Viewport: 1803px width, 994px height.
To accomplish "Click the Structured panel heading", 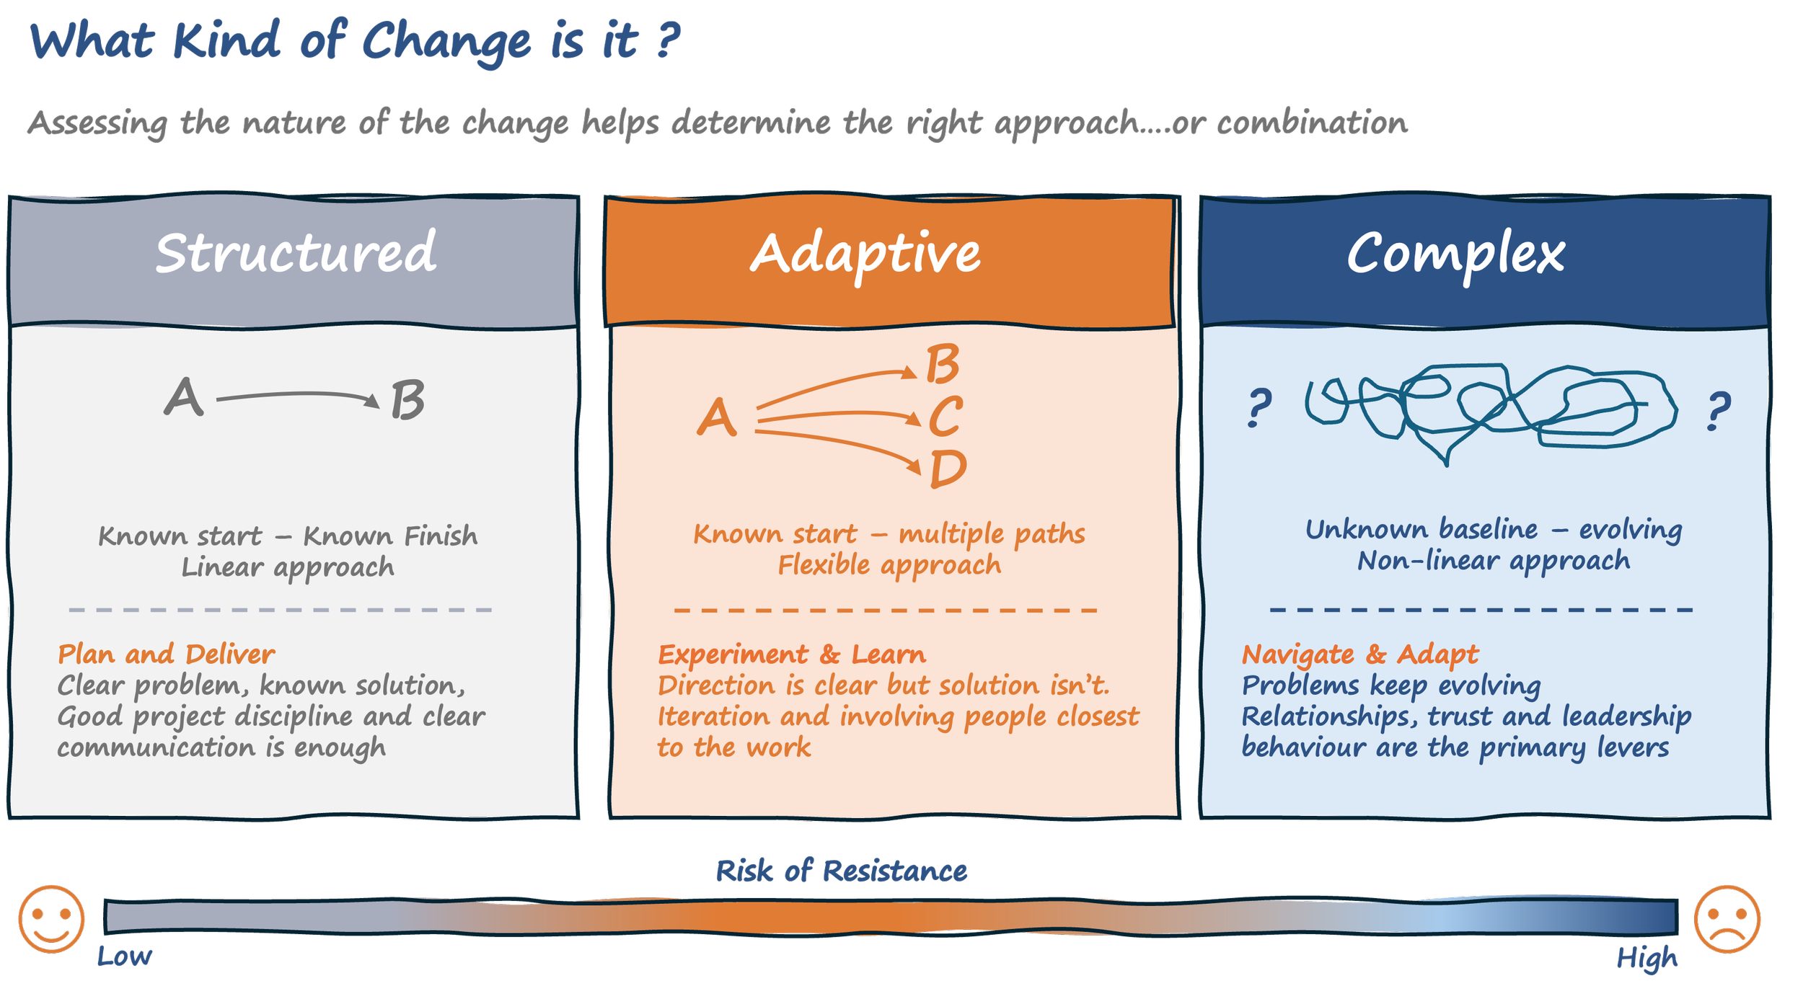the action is click(x=296, y=253).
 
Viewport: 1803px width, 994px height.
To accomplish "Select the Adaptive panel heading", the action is click(x=865, y=254).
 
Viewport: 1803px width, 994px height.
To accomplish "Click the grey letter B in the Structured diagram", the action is click(x=407, y=401).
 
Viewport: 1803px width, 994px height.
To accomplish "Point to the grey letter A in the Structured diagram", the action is click(x=183, y=397).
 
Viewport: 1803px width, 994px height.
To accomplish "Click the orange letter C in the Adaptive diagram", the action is click(x=945, y=417).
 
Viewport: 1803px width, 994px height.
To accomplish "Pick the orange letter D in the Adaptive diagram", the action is click(x=948, y=469).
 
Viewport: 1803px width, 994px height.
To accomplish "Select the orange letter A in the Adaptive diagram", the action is click(x=716, y=418).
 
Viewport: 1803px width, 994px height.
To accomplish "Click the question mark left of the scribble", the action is click(x=1259, y=408).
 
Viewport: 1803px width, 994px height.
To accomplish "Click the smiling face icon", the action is click(x=51, y=919).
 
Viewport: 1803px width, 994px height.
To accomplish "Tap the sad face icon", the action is click(x=1727, y=919).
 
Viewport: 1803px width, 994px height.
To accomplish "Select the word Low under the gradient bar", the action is click(x=124, y=957).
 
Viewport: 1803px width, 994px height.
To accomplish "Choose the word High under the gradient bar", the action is click(x=1646, y=959).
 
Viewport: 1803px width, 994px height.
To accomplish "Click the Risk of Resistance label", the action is click(x=841, y=871).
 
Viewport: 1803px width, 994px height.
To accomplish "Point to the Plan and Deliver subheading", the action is click(x=166, y=654).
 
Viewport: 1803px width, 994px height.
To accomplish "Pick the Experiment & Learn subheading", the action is click(x=791, y=654).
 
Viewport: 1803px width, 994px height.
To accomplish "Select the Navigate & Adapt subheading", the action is click(x=1359, y=654).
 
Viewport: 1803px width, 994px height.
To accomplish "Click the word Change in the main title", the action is click(x=446, y=42).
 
